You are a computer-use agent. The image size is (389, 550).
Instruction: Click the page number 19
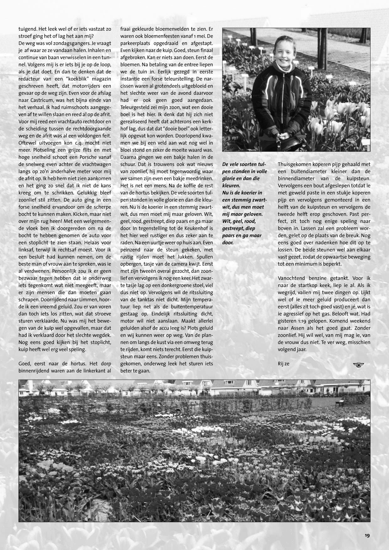pyautogui.click(x=367, y=535)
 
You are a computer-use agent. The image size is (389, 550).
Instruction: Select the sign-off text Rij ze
pyautogui.click(x=283, y=364)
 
